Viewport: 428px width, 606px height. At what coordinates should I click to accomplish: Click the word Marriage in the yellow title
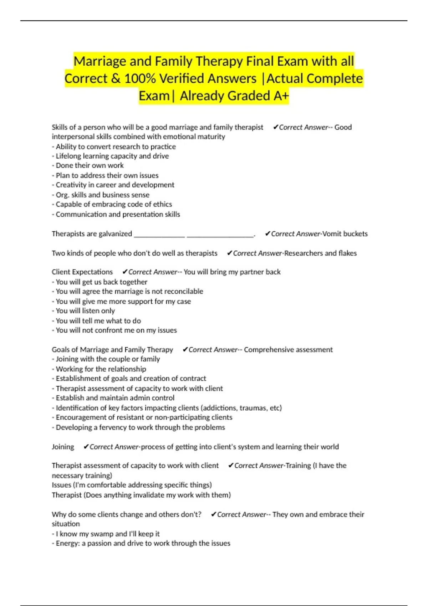pyautogui.click(x=100, y=61)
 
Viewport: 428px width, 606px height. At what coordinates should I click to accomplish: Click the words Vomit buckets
pyautogui.click(x=345, y=234)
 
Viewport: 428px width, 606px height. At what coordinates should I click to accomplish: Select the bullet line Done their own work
pyautogui.click(x=90, y=165)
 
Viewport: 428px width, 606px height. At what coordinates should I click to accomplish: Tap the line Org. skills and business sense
pyautogui.click(x=102, y=195)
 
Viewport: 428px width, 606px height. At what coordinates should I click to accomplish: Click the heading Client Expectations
pyautogui.click(x=82, y=272)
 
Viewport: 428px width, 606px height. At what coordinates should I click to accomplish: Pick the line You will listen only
pyautogui.click(x=85, y=311)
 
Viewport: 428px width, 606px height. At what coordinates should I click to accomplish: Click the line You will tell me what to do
pyautogui.click(x=98, y=321)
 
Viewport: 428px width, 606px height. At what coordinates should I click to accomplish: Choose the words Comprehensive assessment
pyautogui.click(x=288, y=350)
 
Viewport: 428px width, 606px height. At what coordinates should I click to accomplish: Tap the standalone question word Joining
pyautogui.click(x=63, y=447)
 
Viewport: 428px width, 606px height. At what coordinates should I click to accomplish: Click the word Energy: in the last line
pyautogui.click(x=68, y=543)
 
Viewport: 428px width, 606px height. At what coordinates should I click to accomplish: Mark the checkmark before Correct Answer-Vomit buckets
pyautogui.click(x=267, y=234)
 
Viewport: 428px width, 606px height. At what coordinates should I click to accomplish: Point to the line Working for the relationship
pyautogui.click(x=101, y=369)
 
